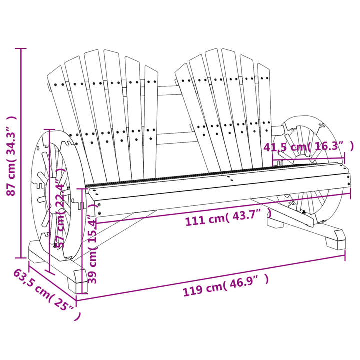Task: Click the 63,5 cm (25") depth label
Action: click(x=46, y=295)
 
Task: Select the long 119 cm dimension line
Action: click(x=210, y=278)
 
